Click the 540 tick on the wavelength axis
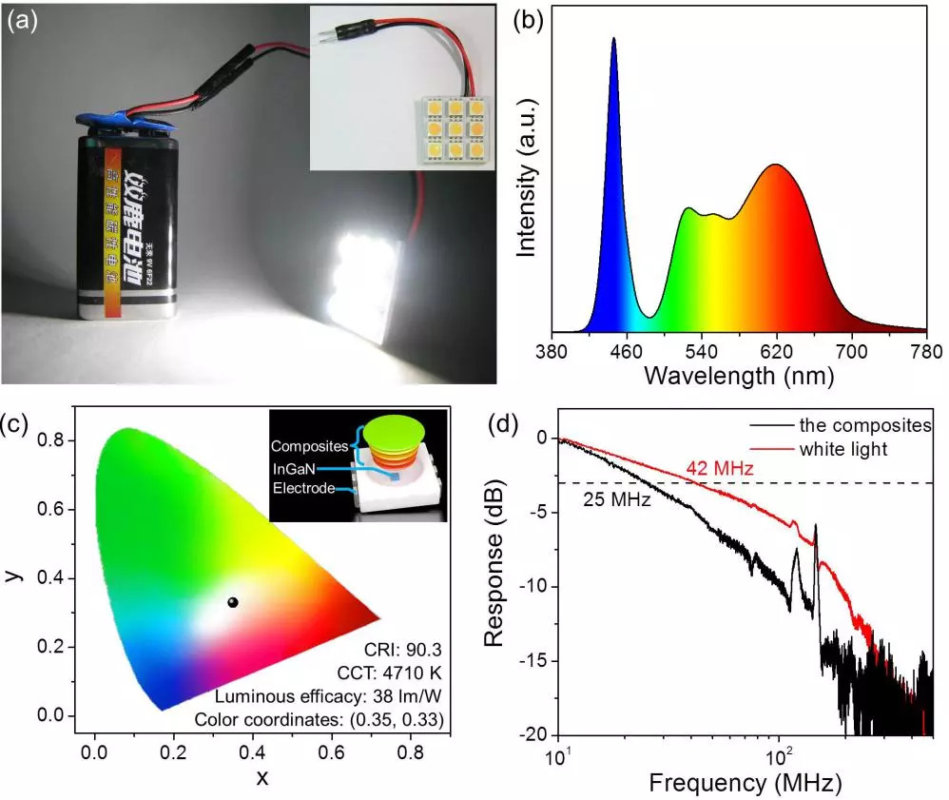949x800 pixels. point(702,350)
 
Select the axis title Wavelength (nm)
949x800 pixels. point(738,376)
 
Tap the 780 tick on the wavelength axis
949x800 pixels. point(926,350)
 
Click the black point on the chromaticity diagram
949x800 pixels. point(233,602)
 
